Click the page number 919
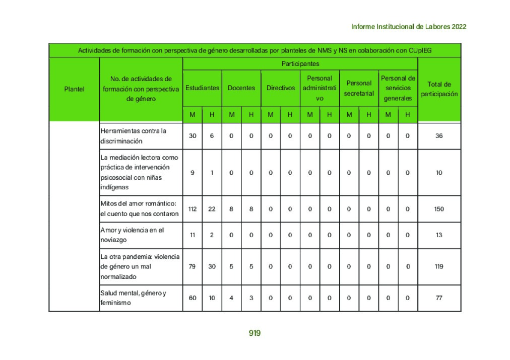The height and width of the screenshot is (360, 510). coord(254,333)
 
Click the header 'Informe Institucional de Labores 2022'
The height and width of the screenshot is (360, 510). coord(408,27)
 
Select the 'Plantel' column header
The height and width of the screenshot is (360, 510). coord(74,89)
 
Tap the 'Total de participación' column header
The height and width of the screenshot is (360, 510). coord(439,89)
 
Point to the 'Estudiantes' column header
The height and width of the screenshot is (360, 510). coord(202,88)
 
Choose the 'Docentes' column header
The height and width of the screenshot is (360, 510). coord(241,88)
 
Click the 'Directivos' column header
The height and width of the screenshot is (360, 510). coord(281,88)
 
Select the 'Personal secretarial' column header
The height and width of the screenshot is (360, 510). coord(359,88)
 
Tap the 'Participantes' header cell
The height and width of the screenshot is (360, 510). coord(300,64)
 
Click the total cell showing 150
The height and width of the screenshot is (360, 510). coord(439,209)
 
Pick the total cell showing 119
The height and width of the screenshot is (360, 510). coord(439,266)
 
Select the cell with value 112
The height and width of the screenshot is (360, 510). coord(192,209)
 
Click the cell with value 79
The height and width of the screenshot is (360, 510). coord(192,266)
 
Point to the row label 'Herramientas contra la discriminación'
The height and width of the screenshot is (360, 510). coord(134,136)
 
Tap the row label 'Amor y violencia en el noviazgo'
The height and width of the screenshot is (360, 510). coord(132,235)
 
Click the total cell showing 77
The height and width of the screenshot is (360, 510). coord(439,298)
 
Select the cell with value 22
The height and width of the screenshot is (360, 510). coord(212,209)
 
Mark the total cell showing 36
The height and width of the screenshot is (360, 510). coord(439,136)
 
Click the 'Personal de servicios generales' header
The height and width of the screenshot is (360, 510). coord(398,88)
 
